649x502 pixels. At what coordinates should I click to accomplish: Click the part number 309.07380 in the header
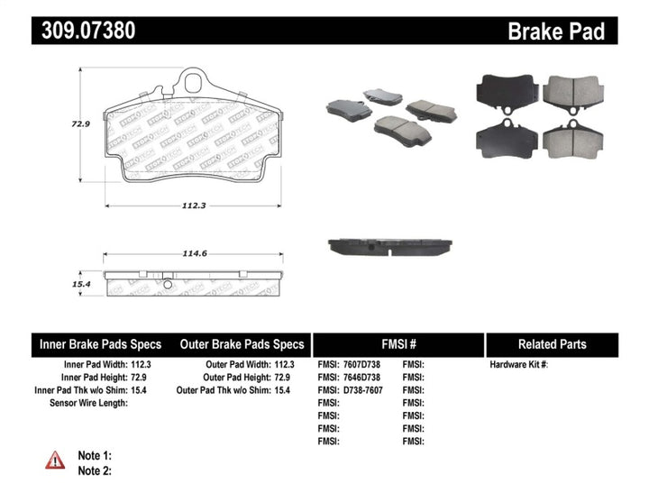tap(88, 31)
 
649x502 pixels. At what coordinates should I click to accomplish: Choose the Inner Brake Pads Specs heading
tap(100, 344)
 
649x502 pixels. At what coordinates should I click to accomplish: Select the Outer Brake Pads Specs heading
tap(242, 344)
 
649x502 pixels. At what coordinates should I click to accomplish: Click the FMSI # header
tap(398, 344)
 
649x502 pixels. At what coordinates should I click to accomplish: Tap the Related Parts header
tap(552, 344)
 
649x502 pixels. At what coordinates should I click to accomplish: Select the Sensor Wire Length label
tap(87, 403)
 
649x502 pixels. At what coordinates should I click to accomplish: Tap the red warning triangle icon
tap(55, 460)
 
